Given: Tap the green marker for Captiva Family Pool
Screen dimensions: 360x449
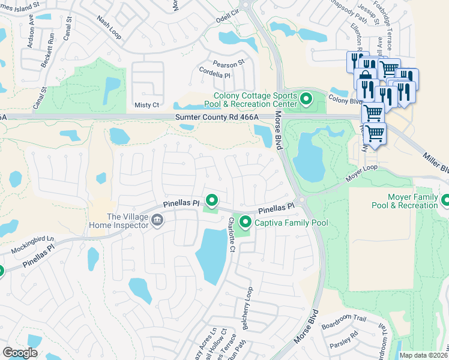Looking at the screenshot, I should (x=246, y=223).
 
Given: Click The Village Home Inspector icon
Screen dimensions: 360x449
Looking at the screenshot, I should (x=157, y=221).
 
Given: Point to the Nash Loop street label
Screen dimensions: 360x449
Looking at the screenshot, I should (x=108, y=28).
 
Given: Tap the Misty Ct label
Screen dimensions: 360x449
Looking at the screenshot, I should (x=147, y=105).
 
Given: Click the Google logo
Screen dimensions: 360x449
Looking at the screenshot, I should (x=20, y=353).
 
